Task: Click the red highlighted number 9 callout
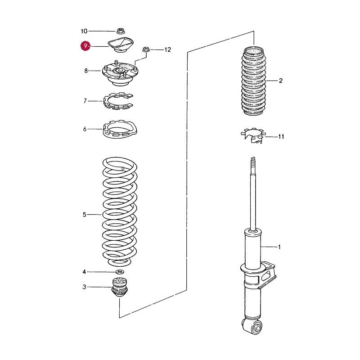(85, 46)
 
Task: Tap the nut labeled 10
(120, 31)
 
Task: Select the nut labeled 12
(145, 49)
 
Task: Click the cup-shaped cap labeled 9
(121, 45)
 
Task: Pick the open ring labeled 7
(118, 101)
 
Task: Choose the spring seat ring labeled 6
(120, 130)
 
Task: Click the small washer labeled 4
(120, 272)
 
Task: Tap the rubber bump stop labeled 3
(119, 287)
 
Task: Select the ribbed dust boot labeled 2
(254, 81)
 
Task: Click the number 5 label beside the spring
(85, 215)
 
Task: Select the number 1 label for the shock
(279, 247)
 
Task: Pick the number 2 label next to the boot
(280, 81)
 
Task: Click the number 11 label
(281, 137)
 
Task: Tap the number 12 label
(168, 49)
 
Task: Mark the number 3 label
(84, 287)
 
